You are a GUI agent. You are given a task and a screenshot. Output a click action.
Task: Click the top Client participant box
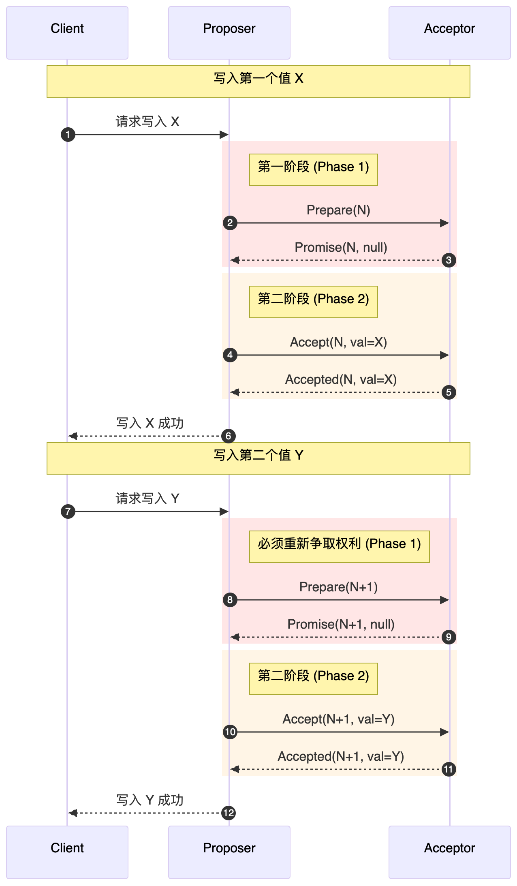[67, 32]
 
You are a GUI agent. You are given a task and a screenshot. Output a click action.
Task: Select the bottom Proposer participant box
[229, 852]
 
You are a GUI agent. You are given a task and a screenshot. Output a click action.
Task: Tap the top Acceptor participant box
[449, 32]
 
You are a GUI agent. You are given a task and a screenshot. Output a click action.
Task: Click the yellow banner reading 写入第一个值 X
[258, 81]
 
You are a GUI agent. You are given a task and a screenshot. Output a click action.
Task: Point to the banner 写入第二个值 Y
[258, 458]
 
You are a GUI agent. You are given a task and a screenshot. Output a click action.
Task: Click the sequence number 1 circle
[68, 135]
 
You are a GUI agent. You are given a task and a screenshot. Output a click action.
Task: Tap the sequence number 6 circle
[229, 436]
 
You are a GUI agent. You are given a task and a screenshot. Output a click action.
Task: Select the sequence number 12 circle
[229, 813]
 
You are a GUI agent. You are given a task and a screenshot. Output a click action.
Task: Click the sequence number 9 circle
[449, 637]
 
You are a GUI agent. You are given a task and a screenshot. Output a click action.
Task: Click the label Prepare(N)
[338, 210]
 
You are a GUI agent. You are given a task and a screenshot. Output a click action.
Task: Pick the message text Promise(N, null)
[341, 247]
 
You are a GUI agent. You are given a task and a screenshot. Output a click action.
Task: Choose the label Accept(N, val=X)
[338, 342]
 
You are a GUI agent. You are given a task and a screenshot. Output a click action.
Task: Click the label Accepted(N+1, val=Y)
[341, 756]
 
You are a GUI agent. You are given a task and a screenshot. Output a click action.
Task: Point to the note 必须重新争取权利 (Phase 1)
[339, 546]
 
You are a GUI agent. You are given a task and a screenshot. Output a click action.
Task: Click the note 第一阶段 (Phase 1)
[313, 169]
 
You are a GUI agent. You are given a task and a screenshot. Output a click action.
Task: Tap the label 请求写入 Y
[147, 499]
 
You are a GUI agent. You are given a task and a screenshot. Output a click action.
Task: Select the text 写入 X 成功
[150, 423]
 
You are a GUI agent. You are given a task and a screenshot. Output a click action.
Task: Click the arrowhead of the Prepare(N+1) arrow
[444, 600]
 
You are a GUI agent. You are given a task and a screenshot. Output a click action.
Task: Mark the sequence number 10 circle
[230, 732]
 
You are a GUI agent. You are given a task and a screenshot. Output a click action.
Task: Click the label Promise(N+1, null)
[341, 624]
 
